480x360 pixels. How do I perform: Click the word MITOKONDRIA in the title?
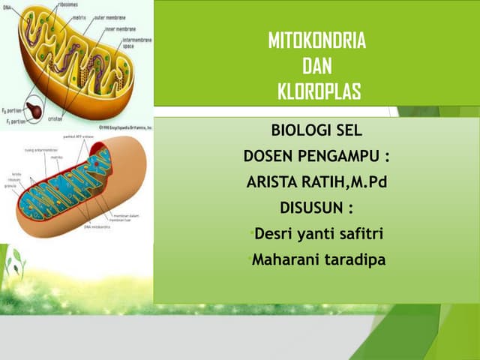tap(317, 41)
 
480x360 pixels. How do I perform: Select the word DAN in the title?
tap(317, 67)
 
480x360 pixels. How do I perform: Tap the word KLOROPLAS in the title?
tap(319, 92)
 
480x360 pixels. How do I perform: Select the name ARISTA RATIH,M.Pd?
tap(316, 181)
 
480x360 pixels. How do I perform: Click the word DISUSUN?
tap(316, 208)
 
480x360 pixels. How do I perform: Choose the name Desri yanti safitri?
tap(319, 234)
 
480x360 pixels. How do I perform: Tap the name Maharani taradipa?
tap(319, 260)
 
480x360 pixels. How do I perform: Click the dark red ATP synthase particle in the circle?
tap(34, 107)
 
